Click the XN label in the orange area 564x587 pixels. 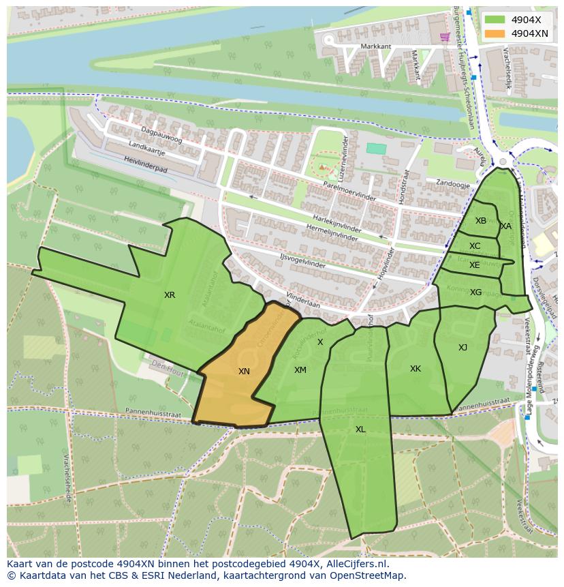[x=244, y=372]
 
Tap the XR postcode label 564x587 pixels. [x=170, y=295]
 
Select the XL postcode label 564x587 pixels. [x=360, y=430]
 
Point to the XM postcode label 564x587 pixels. [x=300, y=370]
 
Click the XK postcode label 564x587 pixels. [x=415, y=369]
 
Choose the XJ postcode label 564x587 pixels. [x=463, y=348]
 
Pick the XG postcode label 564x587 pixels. [x=475, y=292]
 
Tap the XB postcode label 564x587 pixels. [x=481, y=221]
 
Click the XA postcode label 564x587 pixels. [x=506, y=226]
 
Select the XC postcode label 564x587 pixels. [x=475, y=246]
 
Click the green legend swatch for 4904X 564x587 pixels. [x=495, y=20]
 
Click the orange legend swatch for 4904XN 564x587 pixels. [x=495, y=33]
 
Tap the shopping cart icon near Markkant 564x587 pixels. [x=445, y=36]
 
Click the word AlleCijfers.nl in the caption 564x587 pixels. [x=356, y=564]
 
